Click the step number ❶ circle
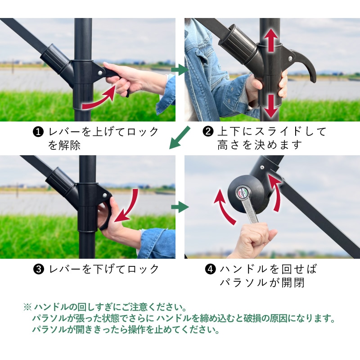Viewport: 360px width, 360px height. [38, 132]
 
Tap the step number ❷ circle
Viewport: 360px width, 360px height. [208, 131]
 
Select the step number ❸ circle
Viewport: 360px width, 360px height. [39, 269]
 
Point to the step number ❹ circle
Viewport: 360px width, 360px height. [210, 269]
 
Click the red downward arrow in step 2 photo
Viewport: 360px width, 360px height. [271, 106]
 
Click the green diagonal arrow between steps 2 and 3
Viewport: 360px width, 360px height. [180, 138]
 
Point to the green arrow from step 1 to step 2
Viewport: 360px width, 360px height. [180, 70]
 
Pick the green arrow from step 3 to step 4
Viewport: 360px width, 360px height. [180, 207]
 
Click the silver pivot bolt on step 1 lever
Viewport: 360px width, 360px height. [100, 73]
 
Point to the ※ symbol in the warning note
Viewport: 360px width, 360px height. [27, 307]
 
